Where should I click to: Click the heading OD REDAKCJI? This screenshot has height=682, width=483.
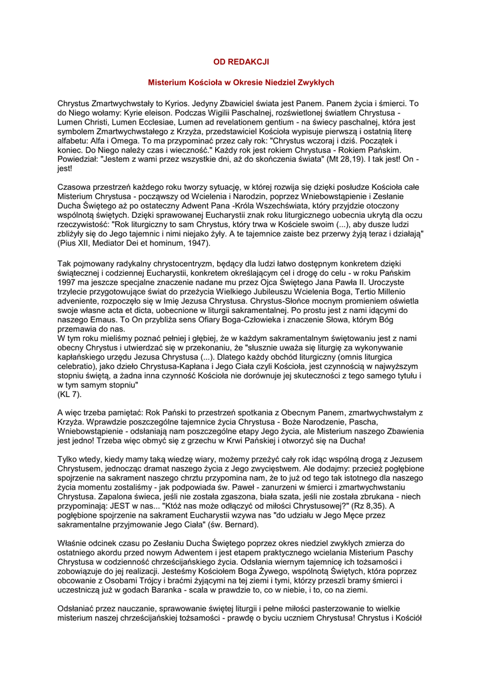(241, 61)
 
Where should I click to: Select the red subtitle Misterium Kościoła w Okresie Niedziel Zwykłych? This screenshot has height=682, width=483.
(241, 83)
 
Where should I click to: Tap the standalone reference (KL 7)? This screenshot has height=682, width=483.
(69, 394)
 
